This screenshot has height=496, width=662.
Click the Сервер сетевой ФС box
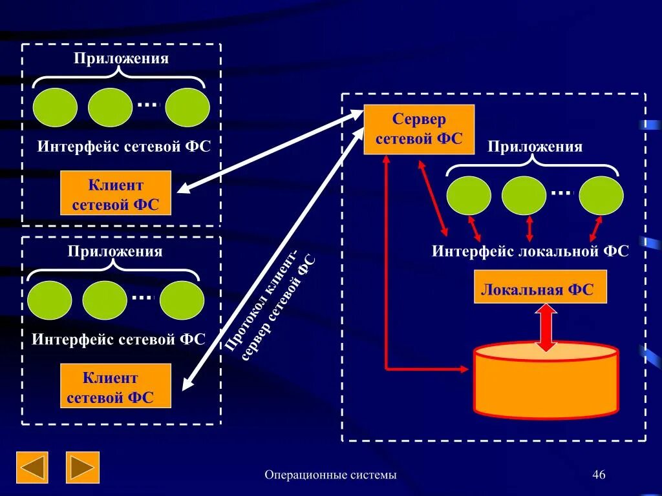coord(419,129)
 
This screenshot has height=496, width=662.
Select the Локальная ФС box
coord(540,287)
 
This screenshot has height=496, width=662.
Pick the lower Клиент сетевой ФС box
coord(116,386)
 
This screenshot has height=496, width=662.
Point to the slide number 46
coord(599,475)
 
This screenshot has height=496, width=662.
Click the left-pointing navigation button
coord(32,468)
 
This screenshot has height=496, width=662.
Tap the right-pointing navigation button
coord(83,468)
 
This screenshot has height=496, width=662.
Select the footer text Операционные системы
coord(330,475)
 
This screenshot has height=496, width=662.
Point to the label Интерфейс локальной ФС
coord(530,251)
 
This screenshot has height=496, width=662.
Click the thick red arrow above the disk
coord(546,327)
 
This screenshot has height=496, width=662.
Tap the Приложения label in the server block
coord(535,147)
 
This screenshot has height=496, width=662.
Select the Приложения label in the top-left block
coord(121,59)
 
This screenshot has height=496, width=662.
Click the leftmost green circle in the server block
coord(469,196)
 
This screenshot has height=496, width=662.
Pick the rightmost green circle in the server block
coord(601,196)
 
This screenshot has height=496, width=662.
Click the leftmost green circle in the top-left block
coord(56,107)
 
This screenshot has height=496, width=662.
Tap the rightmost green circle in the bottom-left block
coord(182,300)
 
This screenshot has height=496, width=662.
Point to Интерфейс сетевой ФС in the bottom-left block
coord(118,340)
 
